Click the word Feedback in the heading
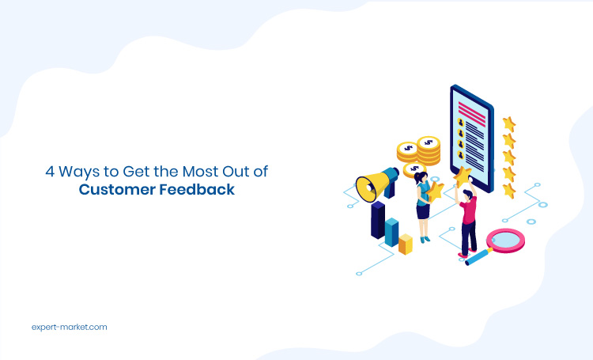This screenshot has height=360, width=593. point(197,189)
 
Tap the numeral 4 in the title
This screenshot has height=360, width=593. point(50,172)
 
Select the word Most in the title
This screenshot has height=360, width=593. point(200,172)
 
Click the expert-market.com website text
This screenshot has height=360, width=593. point(70,327)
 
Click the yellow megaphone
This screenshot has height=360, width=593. point(376,184)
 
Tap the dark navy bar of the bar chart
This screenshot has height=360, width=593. point(378,220)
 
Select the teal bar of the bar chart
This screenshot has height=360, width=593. point(391,232)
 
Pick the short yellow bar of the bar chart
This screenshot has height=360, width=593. point(406,244)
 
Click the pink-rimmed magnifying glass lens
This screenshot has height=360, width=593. point(506,241)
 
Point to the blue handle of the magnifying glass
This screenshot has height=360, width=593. point(478,256)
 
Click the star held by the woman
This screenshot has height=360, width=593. point(436,191)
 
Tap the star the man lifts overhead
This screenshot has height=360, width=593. point(463,176)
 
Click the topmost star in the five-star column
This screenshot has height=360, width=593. point(509,124)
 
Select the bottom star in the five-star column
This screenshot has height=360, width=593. point(509,191)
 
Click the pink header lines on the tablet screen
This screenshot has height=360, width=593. point(471,114)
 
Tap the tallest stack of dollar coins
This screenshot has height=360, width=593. point(429,150)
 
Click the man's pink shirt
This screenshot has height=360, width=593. point(469,210)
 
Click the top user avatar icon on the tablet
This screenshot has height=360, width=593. point(461,123)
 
